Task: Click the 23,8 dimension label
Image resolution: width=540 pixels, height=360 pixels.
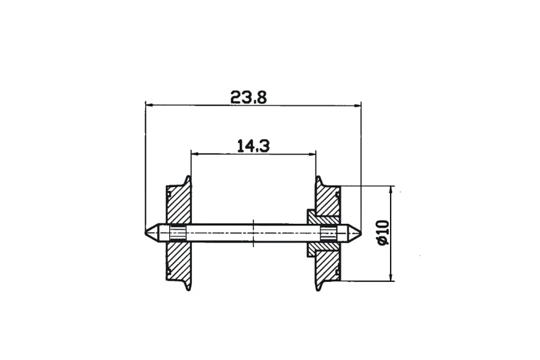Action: click(248, 97)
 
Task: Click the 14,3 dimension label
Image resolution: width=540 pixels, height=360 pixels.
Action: click(253, 146)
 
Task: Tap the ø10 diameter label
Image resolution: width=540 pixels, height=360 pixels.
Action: click(383, 233)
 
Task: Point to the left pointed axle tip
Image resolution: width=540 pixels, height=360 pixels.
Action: click(145, 233)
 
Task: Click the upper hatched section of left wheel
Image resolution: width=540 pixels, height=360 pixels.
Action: click(179, 204)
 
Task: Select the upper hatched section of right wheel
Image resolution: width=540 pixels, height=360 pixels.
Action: click(328, 202)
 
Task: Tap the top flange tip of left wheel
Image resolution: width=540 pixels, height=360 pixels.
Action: click(188, 177)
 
